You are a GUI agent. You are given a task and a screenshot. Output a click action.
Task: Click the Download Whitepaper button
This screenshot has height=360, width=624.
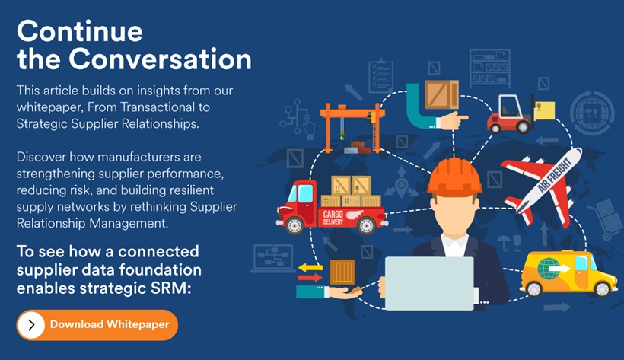[x=97, y=325]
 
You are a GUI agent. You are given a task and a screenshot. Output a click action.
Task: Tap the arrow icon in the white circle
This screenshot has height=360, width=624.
[x=31, y=325]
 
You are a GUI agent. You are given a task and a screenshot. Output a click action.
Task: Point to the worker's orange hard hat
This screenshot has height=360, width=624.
[x=454, y=176]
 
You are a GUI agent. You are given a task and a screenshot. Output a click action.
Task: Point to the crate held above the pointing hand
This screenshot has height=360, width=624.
[x=441, y=96]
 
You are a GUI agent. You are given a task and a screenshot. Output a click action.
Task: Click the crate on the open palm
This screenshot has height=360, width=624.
[x=342, y=272]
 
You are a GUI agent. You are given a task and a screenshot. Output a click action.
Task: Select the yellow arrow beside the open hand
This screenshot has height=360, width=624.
[x=310, y=267]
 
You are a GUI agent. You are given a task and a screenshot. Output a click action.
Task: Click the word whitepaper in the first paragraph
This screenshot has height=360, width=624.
[x=47, y=107]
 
